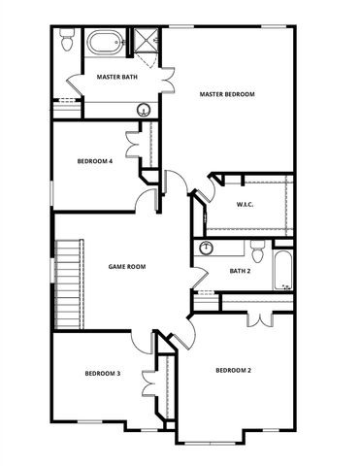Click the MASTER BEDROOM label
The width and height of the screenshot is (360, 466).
coord(227,94)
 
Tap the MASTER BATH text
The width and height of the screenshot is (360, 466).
coord(115,77)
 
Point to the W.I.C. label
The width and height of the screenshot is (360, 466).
coord(245,204)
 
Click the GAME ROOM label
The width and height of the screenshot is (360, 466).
coord(126,266)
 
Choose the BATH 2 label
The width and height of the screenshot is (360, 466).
coord(240,271)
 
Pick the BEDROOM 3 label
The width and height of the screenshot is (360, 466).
coord(102,373)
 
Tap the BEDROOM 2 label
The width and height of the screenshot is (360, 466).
coord(233,370)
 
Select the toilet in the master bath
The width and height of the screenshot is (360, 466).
coord(67,42)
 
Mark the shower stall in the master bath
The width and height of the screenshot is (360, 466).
coord(147,41)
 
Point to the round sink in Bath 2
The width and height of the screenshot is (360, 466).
coord(206,250)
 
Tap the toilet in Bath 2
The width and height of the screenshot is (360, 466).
coord(256,249)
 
